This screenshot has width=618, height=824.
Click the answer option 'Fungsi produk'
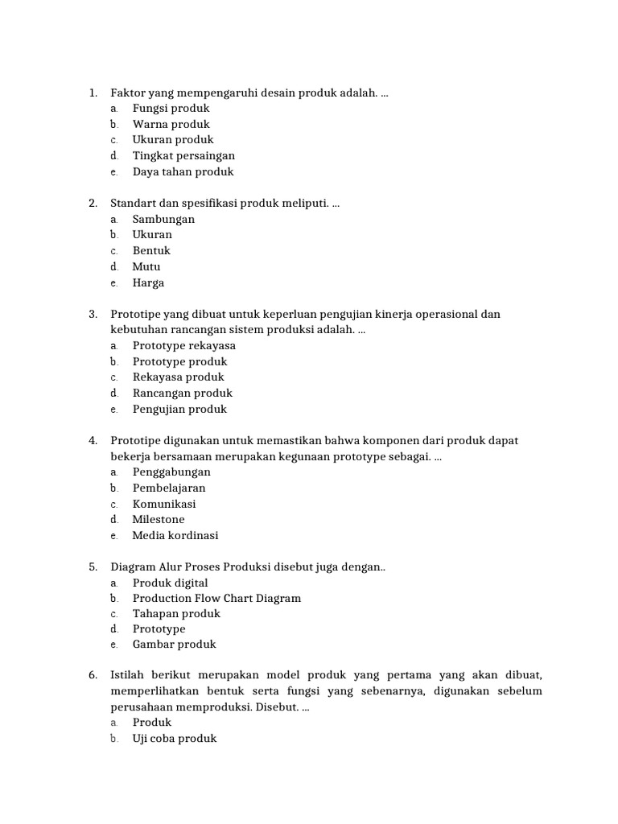[x=171, y=108]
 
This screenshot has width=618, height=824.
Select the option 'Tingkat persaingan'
[x=183, y=155]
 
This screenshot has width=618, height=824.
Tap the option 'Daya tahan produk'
[x=183, y=171]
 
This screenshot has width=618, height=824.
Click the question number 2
[x=93, y=204]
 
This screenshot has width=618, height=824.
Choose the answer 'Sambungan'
[x=163, y=219]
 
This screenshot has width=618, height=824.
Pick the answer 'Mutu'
[x=146, y=266]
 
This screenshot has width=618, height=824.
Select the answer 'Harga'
[x=148, y=282]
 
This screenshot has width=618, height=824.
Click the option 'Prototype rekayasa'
[x=184, y=345]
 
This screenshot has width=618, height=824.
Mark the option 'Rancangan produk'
[x=182, y=393]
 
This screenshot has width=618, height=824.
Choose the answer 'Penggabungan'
[x=171, y=472]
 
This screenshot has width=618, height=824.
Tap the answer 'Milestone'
[x=159, y=519]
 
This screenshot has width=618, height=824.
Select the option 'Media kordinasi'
[x=175, y=535]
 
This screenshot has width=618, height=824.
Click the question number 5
[x=93, y=567]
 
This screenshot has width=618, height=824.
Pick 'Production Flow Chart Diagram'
[x=216, y=598]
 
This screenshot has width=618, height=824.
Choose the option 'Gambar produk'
[x=174, y=644]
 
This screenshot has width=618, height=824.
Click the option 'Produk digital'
[x=170, y=583]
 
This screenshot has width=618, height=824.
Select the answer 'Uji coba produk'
[x=175, y=738]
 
